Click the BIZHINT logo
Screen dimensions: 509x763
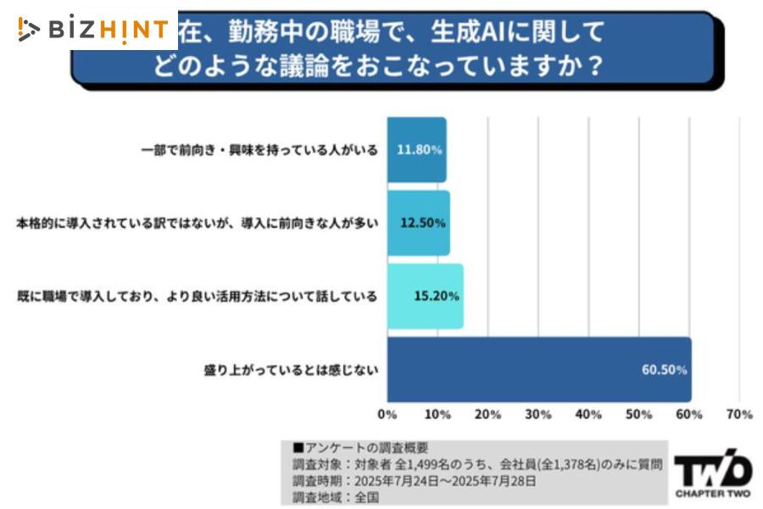93,30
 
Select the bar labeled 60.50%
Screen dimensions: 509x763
538,370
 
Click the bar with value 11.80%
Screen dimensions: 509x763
416,149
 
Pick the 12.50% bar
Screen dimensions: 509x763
418,223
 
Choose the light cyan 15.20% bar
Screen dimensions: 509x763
425,296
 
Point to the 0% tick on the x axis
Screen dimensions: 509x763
387,415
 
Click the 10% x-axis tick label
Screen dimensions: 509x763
437,415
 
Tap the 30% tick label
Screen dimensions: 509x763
538,415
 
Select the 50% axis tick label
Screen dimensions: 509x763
639,415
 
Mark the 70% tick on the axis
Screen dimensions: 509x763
739,415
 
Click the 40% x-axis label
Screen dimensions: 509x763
588,415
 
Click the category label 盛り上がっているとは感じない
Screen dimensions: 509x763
290,370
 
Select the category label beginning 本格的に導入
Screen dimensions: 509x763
197,223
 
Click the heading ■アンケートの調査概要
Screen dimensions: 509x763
360,447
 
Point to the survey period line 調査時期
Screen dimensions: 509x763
414,481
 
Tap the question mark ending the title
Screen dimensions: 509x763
595,66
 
